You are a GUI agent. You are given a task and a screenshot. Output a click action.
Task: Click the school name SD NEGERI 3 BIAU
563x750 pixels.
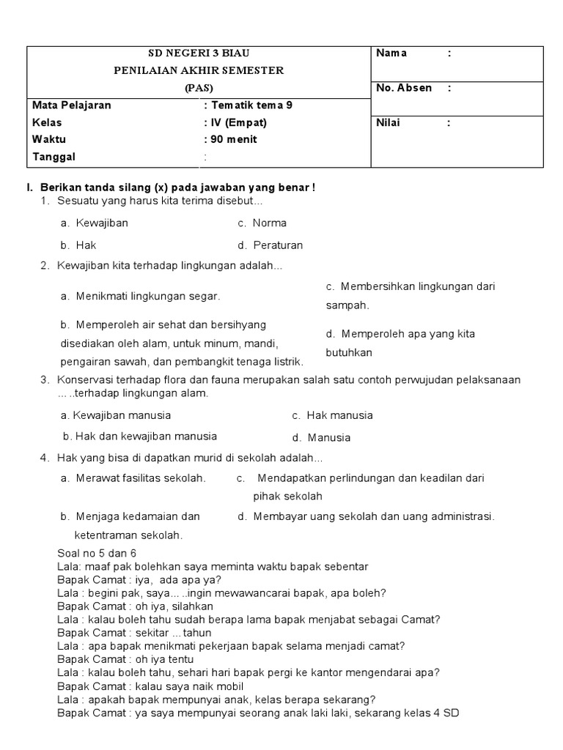click(x=199, y=53)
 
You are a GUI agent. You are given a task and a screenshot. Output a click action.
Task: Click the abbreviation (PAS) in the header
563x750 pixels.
click(x=199, y=87)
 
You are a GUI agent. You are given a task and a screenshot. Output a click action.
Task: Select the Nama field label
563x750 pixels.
click(x=391, y=53)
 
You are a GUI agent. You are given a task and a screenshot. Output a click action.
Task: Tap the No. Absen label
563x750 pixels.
click(x=404, y=88)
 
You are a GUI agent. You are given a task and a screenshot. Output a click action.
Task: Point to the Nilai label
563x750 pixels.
click(x=389, y=123)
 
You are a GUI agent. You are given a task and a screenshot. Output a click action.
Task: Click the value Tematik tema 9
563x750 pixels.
click(x=249, y=105)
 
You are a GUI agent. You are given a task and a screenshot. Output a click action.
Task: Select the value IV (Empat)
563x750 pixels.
click(x=236, y=122)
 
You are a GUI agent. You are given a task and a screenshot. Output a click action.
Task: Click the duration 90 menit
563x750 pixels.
click(x=232, y=139)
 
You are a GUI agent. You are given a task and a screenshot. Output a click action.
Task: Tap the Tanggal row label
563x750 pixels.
click(x=54, y=157)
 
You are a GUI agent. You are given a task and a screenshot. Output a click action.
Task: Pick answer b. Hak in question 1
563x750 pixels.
click(x=78, y=245)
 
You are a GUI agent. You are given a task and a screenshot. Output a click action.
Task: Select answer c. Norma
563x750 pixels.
click(x=262, y=223)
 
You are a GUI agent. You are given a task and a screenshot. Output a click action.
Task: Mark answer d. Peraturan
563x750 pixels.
click(x=270, y=245)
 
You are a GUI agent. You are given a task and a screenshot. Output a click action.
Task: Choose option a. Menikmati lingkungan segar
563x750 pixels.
click(x=140, y=297)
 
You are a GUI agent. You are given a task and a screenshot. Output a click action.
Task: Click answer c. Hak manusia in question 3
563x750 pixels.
click(x=332, y=415)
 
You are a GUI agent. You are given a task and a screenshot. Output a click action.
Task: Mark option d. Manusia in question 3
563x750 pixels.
click(x=321, y=438)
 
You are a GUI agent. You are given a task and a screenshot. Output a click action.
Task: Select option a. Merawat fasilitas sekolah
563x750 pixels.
click(x=133, y=478)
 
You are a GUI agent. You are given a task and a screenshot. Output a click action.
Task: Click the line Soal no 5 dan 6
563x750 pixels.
click(x=97, y=553)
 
